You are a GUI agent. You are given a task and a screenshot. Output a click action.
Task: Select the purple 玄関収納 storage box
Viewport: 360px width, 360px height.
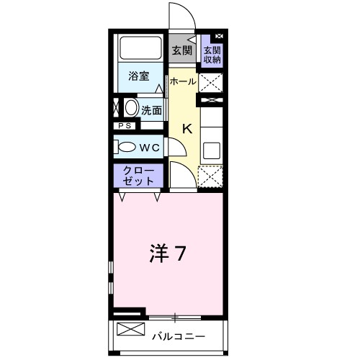point(212,55)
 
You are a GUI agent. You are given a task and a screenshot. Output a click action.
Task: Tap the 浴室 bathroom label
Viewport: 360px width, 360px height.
point(139,76)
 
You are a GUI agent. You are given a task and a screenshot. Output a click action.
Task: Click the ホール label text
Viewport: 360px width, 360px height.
point(183,81)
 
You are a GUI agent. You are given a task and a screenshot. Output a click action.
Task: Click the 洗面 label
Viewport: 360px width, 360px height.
point(151,110)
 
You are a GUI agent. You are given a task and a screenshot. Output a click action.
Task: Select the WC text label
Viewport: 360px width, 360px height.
point(149,147)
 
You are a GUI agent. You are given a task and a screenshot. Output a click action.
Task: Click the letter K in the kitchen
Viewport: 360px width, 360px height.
point(186,130)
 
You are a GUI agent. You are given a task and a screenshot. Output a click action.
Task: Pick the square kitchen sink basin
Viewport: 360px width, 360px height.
point(212,150)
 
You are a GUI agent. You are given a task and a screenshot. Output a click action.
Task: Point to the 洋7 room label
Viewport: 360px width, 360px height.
point(168,253)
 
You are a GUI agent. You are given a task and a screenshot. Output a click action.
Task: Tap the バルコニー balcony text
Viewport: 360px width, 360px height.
point(179,336)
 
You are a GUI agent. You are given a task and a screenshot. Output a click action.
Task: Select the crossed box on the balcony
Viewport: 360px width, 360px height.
point(130,332)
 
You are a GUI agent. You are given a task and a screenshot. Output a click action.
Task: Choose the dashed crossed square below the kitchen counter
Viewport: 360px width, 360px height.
point(211,177)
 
